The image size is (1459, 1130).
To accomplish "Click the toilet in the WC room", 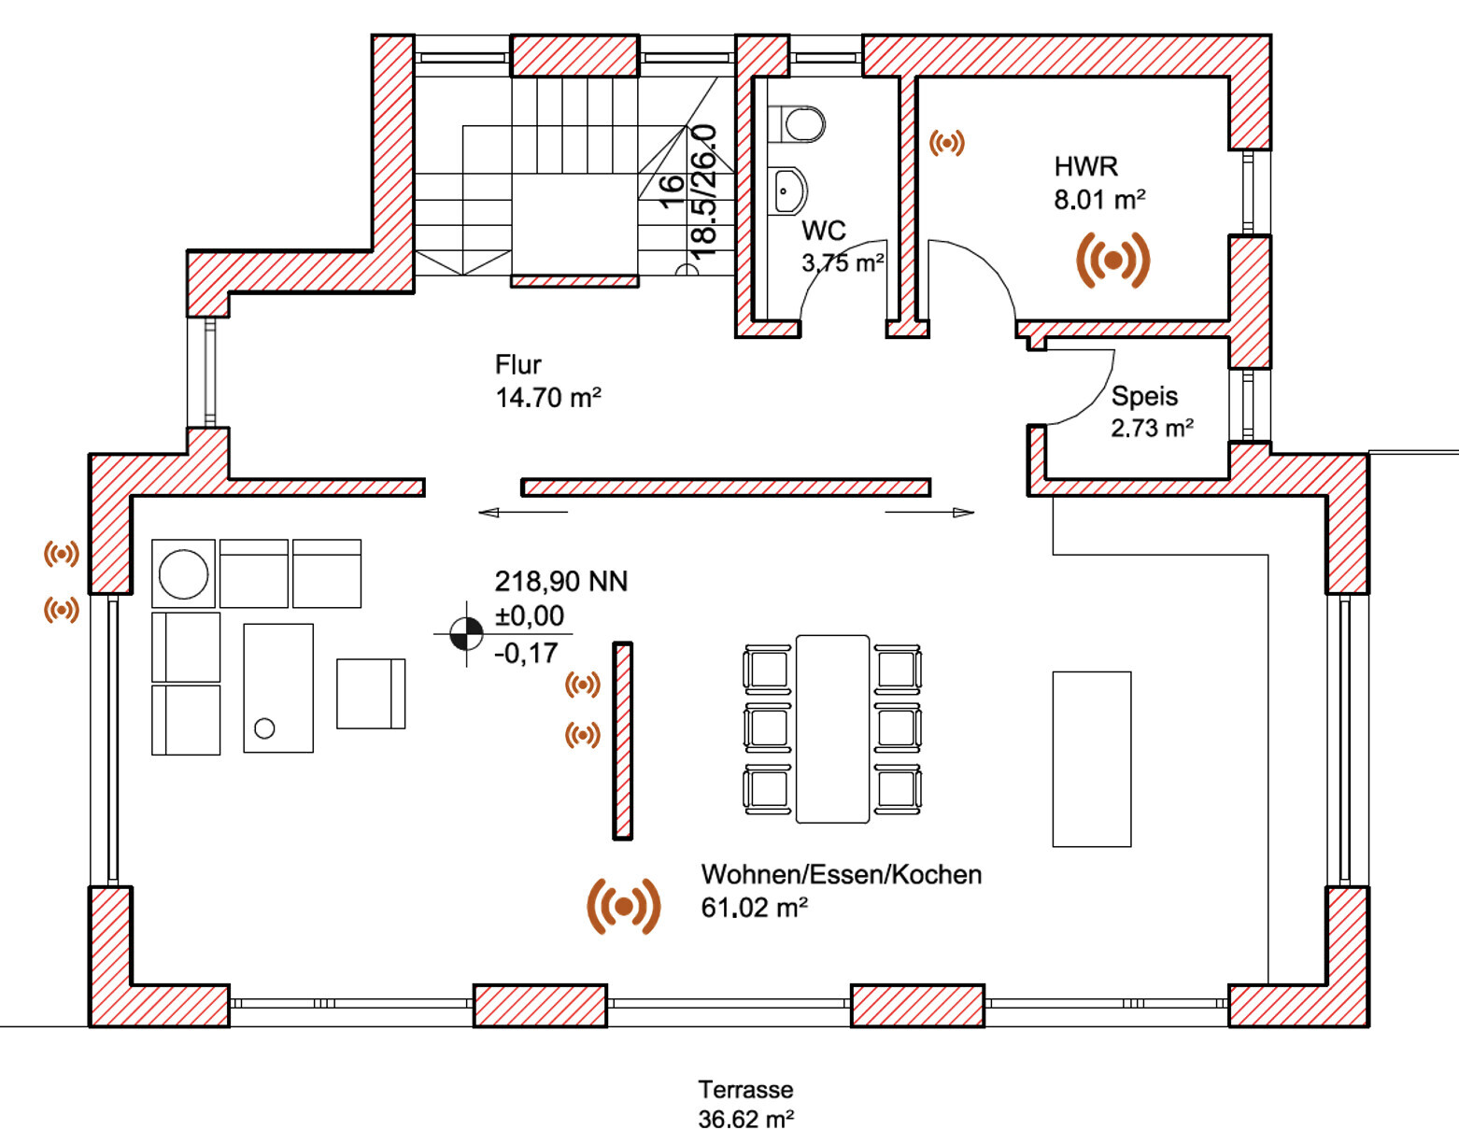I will (x=800, y=123).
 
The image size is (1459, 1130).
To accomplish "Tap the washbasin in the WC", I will (x=788, y=191).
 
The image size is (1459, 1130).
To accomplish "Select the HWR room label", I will (x=1085, y=166).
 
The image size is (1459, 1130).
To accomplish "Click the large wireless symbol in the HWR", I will (x=1112, y=261).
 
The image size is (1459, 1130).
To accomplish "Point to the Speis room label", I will (x=1144, y=396).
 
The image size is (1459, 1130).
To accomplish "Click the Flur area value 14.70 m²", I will (x=548, y=398).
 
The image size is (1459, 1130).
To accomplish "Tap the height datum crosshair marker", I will (x=466, y=634).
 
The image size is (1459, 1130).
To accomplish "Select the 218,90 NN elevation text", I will (x=560, y=582).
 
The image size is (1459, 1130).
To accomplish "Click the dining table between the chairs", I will (x=832, y=728).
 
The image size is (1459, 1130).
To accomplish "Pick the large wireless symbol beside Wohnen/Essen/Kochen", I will (x=624, y=905).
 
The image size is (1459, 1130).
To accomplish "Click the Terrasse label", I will (x=745, y=1089).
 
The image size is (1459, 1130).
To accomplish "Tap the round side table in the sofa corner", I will (x=183, y=573).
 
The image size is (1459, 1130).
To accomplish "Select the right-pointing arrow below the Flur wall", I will (x=930, y=512).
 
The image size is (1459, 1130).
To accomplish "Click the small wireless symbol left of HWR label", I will (x=946, y=143).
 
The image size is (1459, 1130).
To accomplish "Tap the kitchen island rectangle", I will (x=1091, y=758).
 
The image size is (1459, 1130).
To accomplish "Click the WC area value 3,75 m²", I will (x=843, y=263).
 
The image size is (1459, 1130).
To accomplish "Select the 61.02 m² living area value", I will (x=754, y=908).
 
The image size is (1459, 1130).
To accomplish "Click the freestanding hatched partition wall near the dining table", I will (x=623, y=741).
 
